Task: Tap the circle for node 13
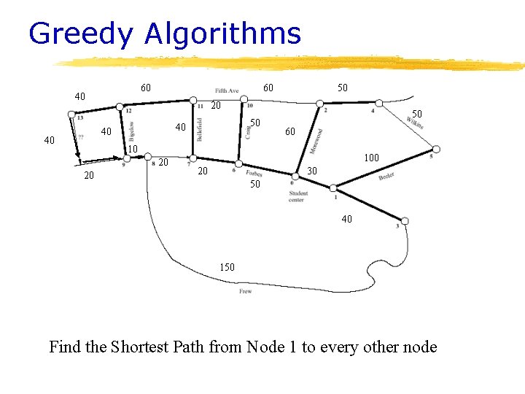tap(71, 114)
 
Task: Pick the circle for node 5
tap(435, 150)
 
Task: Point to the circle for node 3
tap(405, 220)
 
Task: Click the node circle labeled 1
tap(333, 188)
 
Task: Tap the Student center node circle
tap(295, 176)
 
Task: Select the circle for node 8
tap(147, 157)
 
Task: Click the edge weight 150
tap(227, 267)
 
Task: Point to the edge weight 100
tap(371, 158)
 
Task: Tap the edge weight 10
tap(133, 150)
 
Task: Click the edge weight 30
tap(311, 170)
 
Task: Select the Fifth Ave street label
tap(227, 90)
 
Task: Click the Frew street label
tap(245, 291)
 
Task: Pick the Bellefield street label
tap(199, 129)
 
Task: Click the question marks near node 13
tap(80, 138)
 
